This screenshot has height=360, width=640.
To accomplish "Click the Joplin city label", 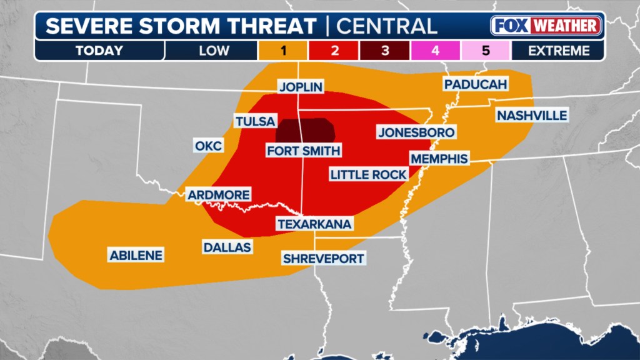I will pyautogui.click(x=301, y=87).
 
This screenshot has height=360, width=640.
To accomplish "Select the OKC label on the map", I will pyautogui.click(x=208, y=146).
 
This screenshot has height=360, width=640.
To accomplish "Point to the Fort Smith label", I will pyautogui.click(x=304, y=150).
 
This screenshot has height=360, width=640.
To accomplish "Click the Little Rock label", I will pyautogui.click(x=369, y=174).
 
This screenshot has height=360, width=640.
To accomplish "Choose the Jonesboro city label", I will pyautogui.click(x=416, y=132).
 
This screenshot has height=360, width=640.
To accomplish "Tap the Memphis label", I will pyautogui.click(x=439, y=159).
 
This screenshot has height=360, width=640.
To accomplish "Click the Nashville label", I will pyautogui.click(x=532, y=116).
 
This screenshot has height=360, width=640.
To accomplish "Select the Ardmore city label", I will pyautogui.click(x=219, y=195).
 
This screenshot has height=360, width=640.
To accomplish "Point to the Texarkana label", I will pyautogui.click(x=315, y=224).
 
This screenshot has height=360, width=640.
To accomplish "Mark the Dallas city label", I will pyautogui.click(x=227, y=247).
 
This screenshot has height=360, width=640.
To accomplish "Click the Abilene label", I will pyautogui.click(x=136, y=255).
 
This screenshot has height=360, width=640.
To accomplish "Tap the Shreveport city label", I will pyautogui.click(x=323, y=258).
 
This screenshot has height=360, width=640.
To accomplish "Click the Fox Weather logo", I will pyautogui.click(x=546, y=26).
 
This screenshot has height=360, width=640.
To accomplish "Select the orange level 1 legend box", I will pyautogui.click(x=283, y=51).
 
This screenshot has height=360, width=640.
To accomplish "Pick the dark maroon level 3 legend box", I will pyautogui.click(x=384, y=51).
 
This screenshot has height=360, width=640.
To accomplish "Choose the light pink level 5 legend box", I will pyautogui.click(x=486, y=51).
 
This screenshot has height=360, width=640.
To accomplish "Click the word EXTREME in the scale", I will pyautogui.click(x=558, y=51).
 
